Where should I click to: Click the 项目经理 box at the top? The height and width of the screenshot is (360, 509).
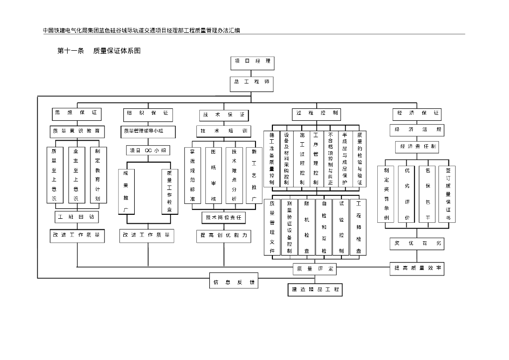(x=253, y=62)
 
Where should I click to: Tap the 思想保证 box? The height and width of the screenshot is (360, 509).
(x=77, y=114)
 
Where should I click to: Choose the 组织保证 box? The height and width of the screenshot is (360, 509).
(x=147, y=114)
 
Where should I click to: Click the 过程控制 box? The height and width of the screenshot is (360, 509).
(x=317, y=114)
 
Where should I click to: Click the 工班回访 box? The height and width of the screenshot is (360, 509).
(x=77, y=217)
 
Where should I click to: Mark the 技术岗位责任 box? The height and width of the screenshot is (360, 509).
(x=223, y=217)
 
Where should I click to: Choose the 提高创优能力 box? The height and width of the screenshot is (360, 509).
(x=223, y=236)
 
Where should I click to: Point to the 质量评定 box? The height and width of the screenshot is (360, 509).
(x=315, y=269)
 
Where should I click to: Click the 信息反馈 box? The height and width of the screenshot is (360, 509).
(x=234, y=282)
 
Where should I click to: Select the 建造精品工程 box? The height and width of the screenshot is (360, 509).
(x=315, y=289)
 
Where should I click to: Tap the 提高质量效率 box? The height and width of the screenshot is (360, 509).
(x=417, y=269)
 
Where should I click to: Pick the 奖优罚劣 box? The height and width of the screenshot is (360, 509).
(x=417, y=244)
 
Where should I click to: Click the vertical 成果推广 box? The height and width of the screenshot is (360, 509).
(x=126, y=191)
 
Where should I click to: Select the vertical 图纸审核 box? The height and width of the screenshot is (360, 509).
(x=213, y=176)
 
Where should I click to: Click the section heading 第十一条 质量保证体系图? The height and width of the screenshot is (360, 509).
(x=99, y=51)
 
